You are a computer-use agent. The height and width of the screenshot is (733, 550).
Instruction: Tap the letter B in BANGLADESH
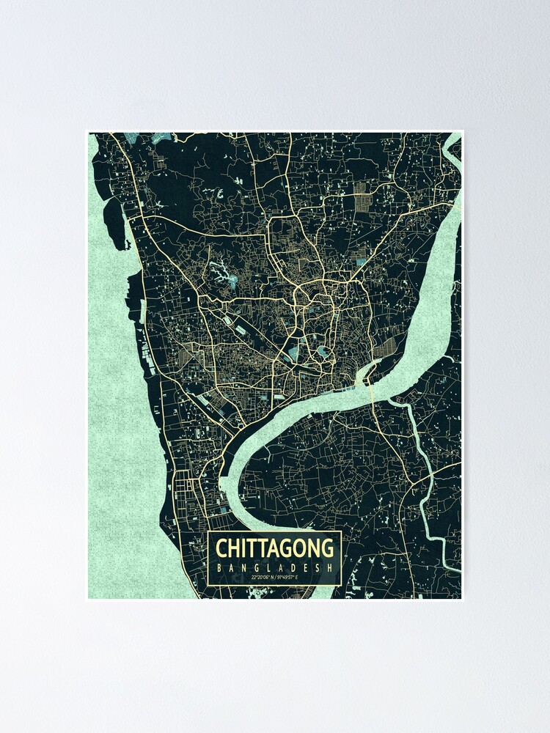click(219, 567)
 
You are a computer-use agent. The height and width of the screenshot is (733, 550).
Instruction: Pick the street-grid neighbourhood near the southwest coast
click(183, 487)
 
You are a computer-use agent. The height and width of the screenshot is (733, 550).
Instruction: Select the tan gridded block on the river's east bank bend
click(386, 347)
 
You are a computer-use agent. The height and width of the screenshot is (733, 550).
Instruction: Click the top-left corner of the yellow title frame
click(209, 532)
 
